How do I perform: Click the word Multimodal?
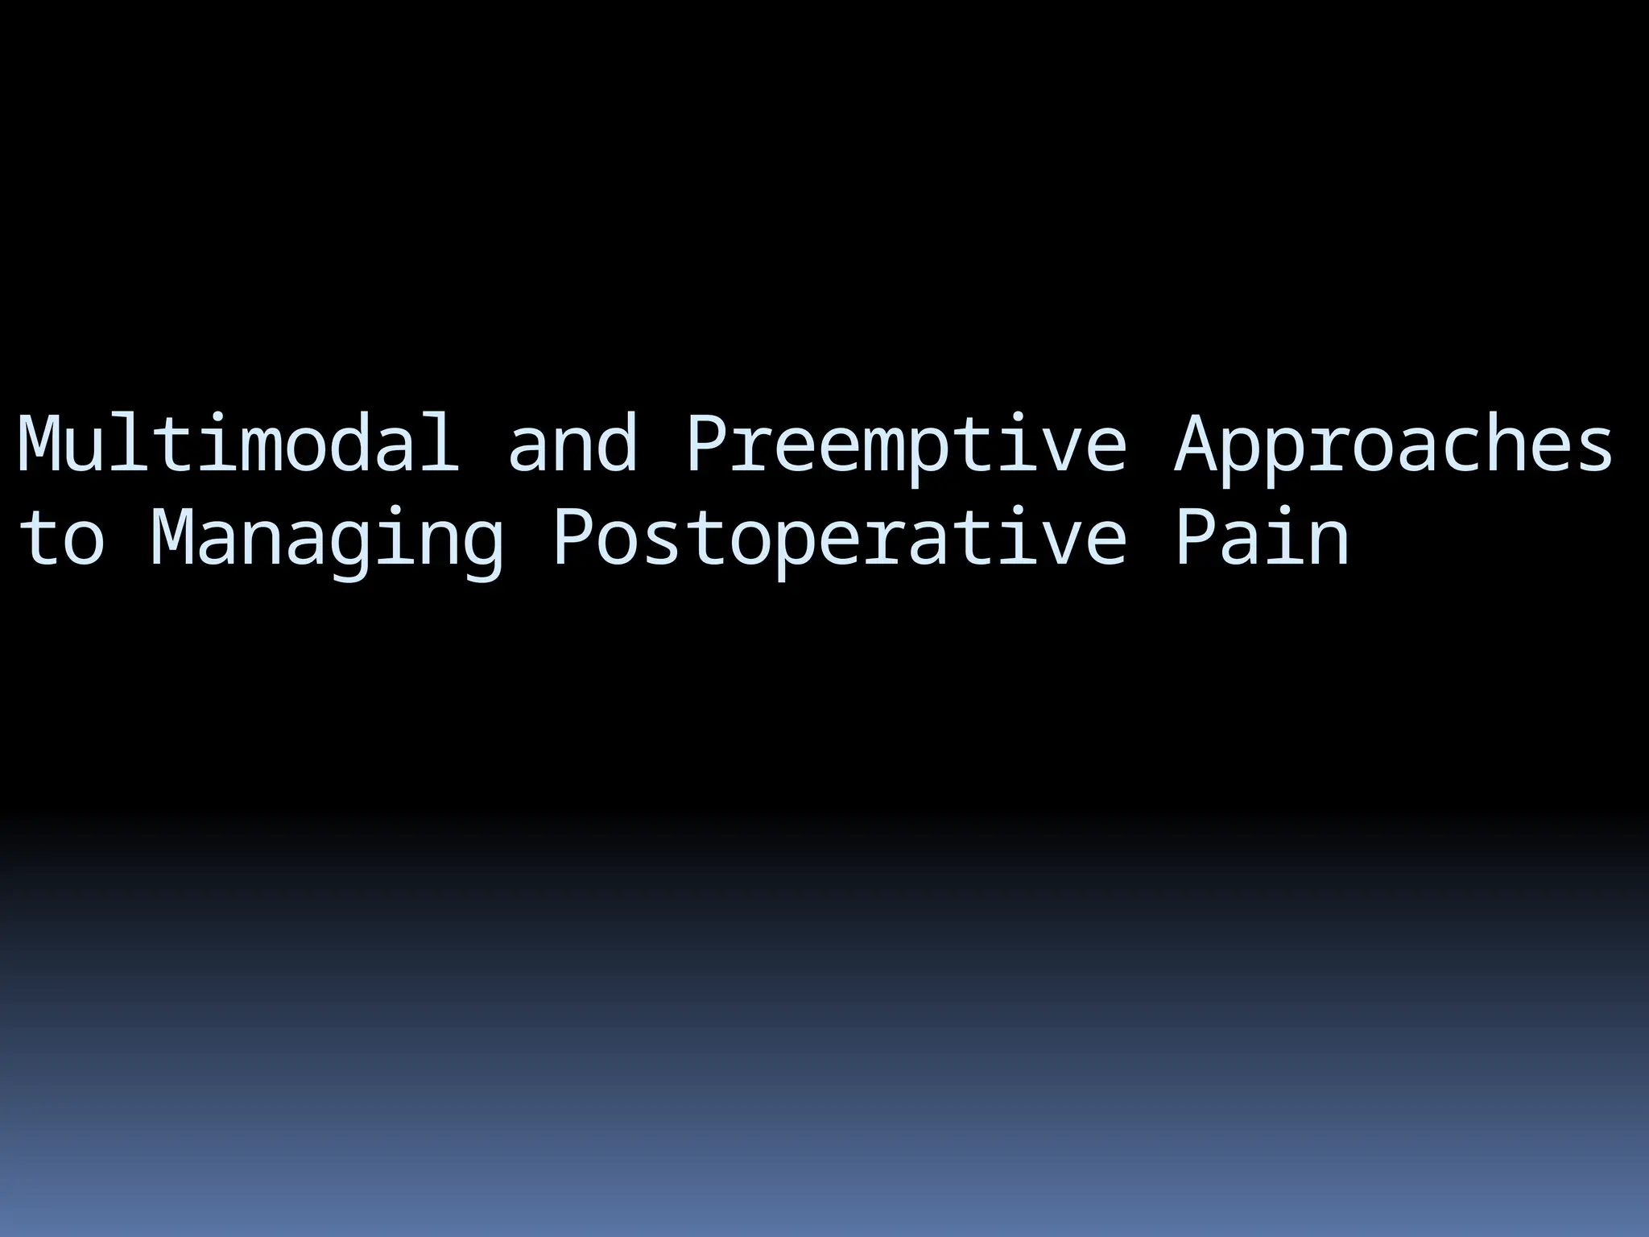(x=238, y=445)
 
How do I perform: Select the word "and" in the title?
(x=572, y=445)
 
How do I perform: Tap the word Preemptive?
(x=906, y=445)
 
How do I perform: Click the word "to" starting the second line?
(x=61, y=538)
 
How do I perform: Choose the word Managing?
(x=328, y=538)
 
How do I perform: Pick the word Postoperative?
(x=839, y=538)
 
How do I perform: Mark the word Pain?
(x=1262, y=538)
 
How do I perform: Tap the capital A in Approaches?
(x=1195, y=445)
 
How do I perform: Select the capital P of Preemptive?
(x=707, y=445)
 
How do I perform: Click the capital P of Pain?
(x=1196, y=538)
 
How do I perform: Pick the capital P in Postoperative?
(x=573, y=538)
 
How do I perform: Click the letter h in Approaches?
(x=1506, y=445)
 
